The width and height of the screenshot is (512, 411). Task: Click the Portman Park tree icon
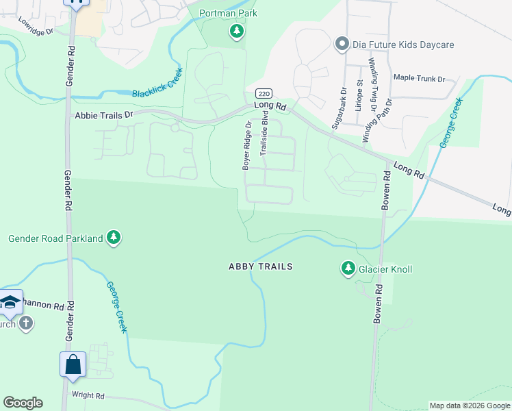tap(237, 31)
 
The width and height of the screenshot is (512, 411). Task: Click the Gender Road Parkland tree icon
tap(114, 238)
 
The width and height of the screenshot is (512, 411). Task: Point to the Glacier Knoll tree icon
tap(348, 269)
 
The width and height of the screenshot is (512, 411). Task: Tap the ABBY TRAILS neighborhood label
tap(260, 266)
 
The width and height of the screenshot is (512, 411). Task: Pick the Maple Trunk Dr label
tap(419, 77)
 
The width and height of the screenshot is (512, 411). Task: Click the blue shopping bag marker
tap(73, 365)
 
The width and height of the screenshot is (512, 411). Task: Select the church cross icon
tap(26, 323)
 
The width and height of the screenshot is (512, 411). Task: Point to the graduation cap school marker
tap(9, 302)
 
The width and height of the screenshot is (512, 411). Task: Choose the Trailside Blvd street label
tap(263, 141)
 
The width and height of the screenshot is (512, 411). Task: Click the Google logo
tap(23, 403)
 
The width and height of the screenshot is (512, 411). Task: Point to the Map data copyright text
tap(470, 406)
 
